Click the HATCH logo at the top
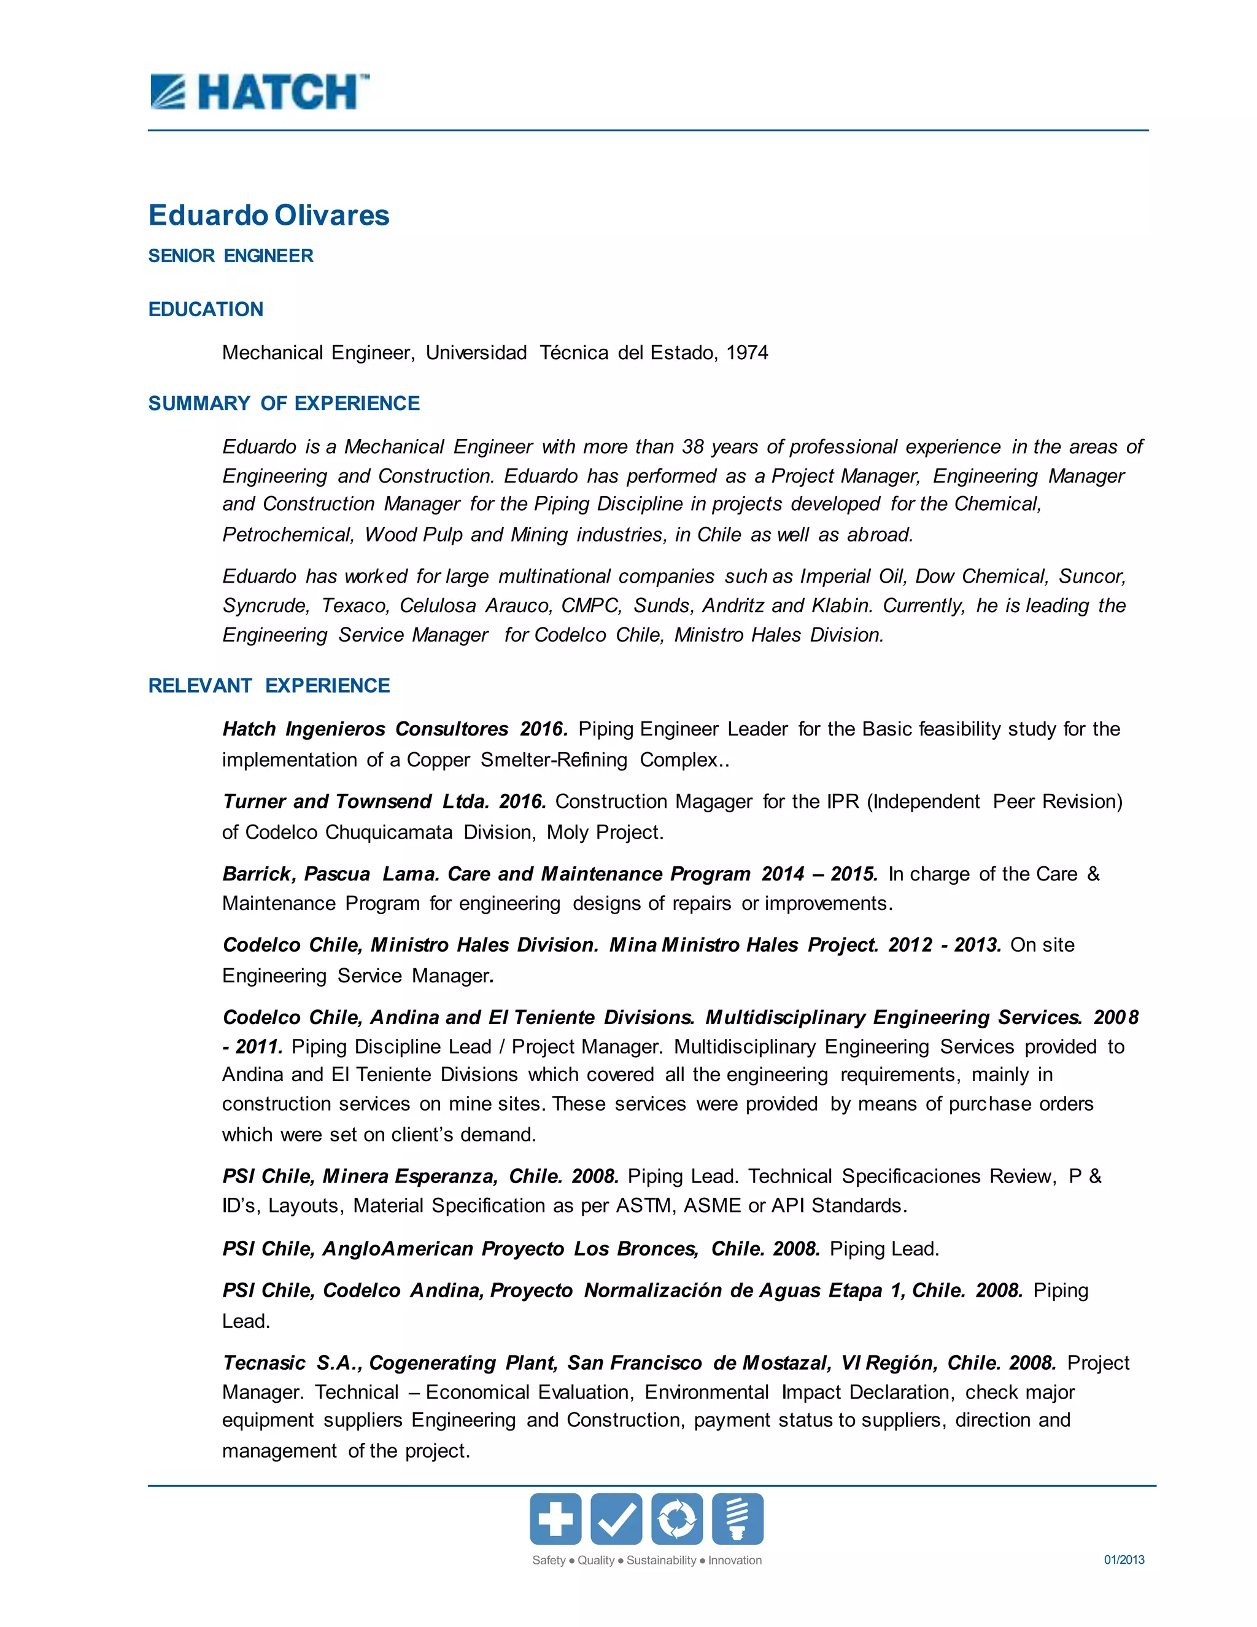coord(259,92)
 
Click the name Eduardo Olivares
coord(269,216)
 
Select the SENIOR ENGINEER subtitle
coord(231,255)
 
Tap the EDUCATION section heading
coord(206,309)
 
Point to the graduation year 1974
coord(747,352)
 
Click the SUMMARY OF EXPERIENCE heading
coord(284,403)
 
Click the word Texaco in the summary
coord(355,605)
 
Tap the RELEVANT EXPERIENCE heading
coord(269,685)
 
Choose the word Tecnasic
coord(263,1362)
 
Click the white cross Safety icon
coord(555,1518)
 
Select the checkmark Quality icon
coord(616,1518)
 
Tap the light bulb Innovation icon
coord(737,1518)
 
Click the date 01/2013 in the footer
coord(1124,1559)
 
